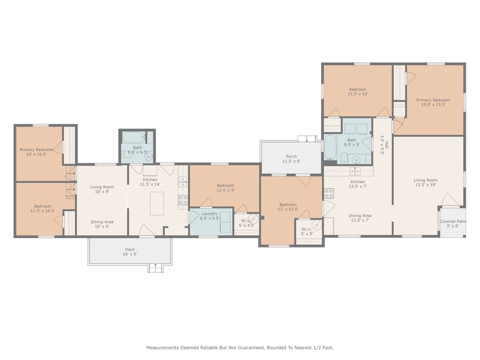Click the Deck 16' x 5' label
pos(130,252)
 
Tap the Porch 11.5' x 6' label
pos(292,158)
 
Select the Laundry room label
pos(210,216)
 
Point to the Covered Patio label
pos(453,224)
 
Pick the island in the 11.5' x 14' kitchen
pos(157,203)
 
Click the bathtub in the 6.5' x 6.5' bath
pos(134,137)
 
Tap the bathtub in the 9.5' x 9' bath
pos(330,148)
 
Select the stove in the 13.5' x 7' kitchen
pos(329,193)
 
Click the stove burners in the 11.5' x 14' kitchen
pos(183,200)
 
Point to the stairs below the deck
pos(156,268)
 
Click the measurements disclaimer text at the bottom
pos(240,348)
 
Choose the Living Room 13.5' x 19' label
pos(426,182)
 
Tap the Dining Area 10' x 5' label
pos(102,224)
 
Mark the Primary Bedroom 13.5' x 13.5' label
pos(433,102)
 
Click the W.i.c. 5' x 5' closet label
pos(307,232)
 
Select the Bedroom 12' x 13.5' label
pos(288,207)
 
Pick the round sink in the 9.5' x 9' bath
pos(356,160)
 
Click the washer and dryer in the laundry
pos(225,222)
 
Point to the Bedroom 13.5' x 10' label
pos(358,91)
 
